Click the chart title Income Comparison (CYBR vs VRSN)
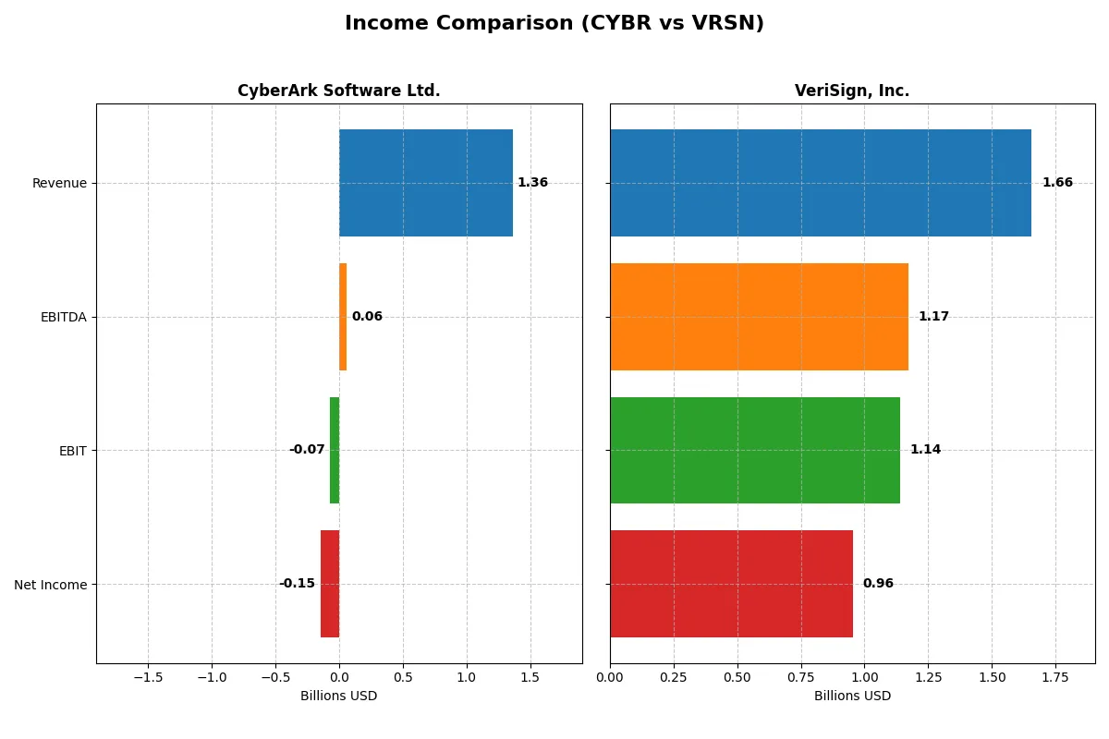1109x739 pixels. coord(554,23)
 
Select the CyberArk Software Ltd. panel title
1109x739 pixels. coord(338,91)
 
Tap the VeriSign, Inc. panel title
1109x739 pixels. coord(851,91)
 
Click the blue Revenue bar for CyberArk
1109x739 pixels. coord(425,183)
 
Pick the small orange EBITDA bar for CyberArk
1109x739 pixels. coord(343,317)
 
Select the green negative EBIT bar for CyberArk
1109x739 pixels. coord(335,450)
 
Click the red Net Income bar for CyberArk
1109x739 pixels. coord(330,584)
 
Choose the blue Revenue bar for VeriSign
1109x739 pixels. coord(820,183)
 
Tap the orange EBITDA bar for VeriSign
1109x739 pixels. coord(759,317)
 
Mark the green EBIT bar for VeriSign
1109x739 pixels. coord(754,450)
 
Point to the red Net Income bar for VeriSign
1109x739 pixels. coord(731,584)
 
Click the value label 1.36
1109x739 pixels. coord(532,183)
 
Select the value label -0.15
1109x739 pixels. coord(297,584)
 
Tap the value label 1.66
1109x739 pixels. coord(1057,183)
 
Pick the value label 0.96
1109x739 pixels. coord(878,584)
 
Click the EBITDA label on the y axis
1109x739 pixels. coord(63,317)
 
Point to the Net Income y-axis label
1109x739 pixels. coord(51,584)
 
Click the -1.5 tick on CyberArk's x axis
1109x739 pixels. coord(148,677)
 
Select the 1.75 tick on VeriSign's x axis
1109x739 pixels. coord(1055,677)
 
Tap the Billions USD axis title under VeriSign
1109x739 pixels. coord(852,696)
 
